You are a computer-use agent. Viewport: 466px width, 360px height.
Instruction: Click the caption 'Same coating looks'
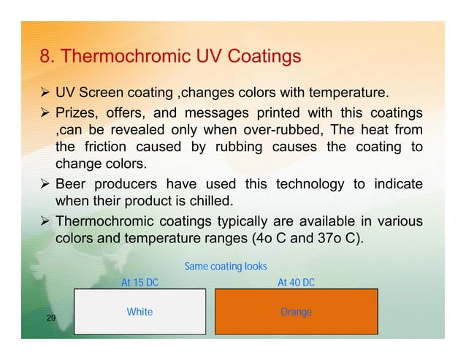[x=226, y=267]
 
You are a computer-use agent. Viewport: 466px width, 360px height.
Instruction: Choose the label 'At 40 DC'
[x=296, y=283]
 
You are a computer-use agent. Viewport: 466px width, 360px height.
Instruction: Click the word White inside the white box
[x=140, y=312]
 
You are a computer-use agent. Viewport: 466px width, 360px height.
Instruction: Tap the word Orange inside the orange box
[x=296, y=312]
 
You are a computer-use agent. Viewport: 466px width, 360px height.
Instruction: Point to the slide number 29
[x=51, y=318]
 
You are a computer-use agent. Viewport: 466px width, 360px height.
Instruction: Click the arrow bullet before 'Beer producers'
[x=45, y=183]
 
